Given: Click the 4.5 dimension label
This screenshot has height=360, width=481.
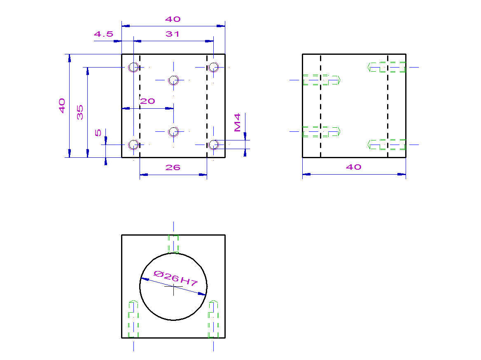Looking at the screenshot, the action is point(103,34).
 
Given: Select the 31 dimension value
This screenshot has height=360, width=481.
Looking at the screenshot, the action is point(173,34).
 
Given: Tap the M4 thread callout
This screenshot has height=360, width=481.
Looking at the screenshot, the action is point(238,122).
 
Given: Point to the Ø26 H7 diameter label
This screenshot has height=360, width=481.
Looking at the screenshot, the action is point(175,278).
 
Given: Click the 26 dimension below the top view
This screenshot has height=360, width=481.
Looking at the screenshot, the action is point(173,168).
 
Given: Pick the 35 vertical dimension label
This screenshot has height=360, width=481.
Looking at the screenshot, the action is point(80,112).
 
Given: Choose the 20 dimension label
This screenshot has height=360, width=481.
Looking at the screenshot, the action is point(147,101).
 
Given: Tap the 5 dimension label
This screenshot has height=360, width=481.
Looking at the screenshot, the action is point(98,133).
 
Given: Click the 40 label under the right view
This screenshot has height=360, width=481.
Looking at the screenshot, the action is point(353,167).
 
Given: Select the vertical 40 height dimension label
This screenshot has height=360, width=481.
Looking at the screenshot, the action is point(62,106).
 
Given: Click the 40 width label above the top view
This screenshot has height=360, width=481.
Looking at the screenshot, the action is point(173,19).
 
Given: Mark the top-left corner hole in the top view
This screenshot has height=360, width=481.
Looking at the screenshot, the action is point(133,67).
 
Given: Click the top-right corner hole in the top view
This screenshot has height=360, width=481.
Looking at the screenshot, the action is point(213,67).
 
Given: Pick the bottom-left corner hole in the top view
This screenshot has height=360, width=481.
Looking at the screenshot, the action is point(133,145).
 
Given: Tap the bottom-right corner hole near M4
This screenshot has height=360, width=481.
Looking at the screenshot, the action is point(213,145).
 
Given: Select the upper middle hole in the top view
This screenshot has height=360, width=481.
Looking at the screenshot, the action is point(174,80).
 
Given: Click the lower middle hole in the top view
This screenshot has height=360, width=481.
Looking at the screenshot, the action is point(174,132).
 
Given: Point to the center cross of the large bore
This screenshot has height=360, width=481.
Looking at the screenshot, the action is point(174,287).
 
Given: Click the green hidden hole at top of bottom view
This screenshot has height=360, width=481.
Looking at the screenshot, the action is point(173,244).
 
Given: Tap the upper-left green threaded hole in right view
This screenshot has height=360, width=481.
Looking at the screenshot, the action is point(321,80).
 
